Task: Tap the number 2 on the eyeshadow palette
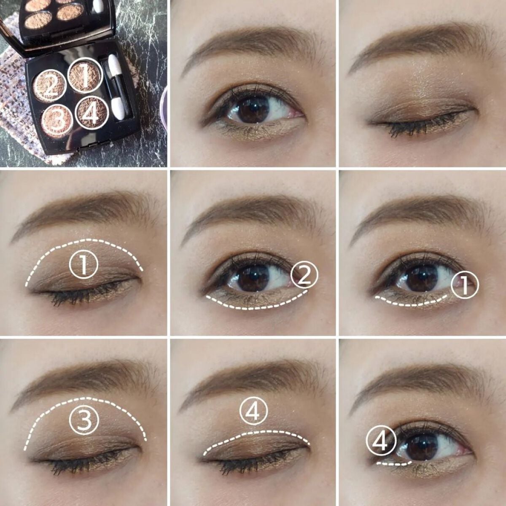coord(50,86)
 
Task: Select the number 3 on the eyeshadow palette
coord(59,119)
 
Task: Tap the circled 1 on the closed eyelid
coord(83,264)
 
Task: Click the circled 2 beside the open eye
coord(304,275)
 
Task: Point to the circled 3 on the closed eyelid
coord(84,420)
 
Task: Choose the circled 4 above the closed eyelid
coord(253,413)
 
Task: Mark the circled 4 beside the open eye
coord(381,441)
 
